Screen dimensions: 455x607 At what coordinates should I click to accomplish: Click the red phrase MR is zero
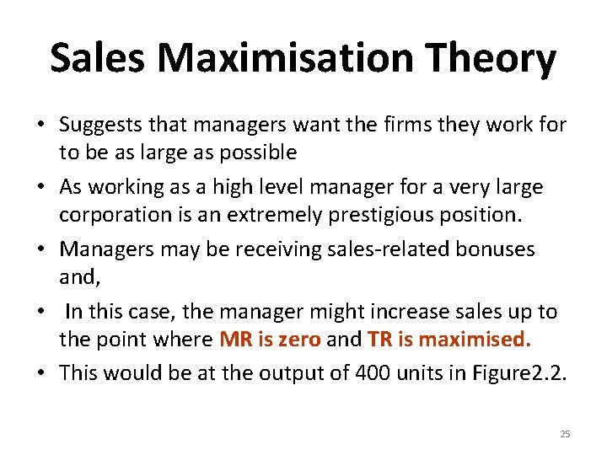pyautogui.click(x=269, y=340)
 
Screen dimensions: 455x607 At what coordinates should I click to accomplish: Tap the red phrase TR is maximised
pyautogui.click(x=449, y=340)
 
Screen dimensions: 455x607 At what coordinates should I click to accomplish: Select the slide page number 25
pyautogui.click(x=565, y=434)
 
